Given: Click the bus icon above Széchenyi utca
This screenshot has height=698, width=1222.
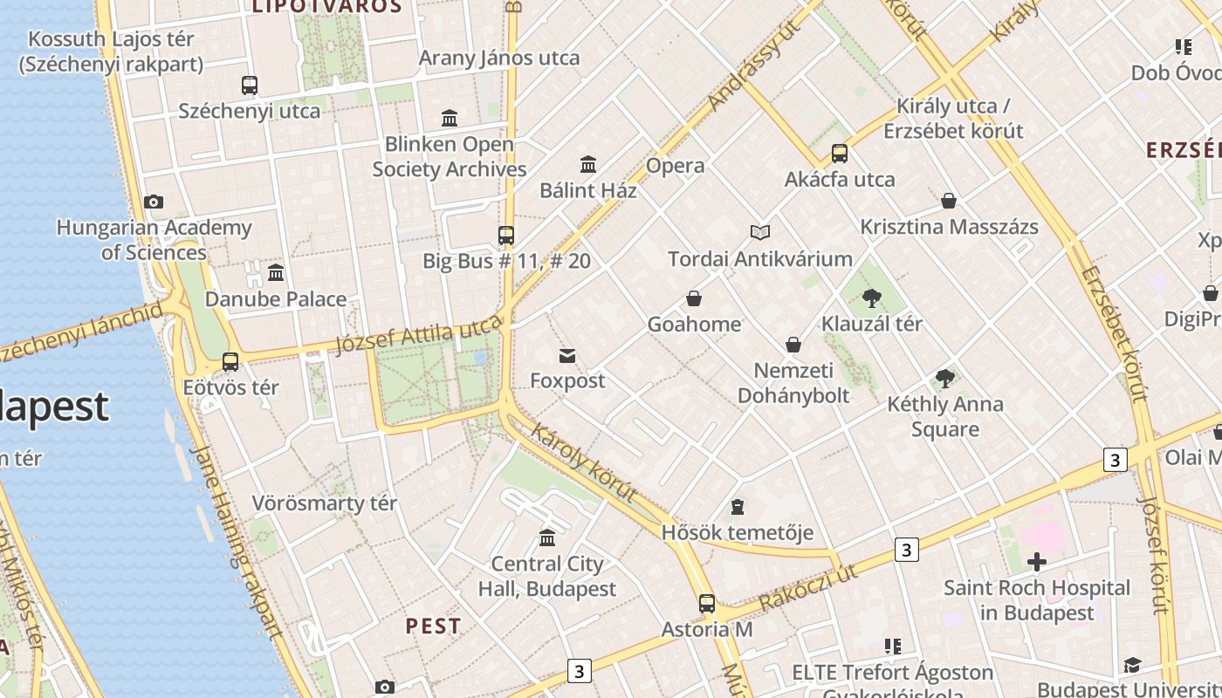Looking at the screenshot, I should [x=250, y=86].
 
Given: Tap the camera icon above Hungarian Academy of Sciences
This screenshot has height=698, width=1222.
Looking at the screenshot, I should [x=154, y=202].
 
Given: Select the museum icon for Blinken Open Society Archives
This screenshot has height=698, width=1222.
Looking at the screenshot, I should [x=450, y=118].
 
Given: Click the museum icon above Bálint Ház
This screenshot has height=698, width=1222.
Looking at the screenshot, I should [x=588, y=164].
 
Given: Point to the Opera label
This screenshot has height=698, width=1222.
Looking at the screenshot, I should [x=675, y=166].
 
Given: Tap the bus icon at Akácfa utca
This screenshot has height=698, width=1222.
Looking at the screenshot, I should [x=840, y=154].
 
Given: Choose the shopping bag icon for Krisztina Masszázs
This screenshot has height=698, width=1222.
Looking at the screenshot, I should [x=949, y=202].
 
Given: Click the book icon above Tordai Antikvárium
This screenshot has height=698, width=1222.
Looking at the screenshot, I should [x=760, y=232].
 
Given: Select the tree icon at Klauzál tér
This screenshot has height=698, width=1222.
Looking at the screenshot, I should [x=871, y=298].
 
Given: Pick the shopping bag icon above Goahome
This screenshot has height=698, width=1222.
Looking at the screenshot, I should [x=694, y=299].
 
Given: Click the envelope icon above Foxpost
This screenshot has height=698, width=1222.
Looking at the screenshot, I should [x=567, y=355].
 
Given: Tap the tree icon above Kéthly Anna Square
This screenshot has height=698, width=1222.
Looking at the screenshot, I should [x=944, y=379].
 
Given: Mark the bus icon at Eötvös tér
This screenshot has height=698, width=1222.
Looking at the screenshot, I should [x=230, y=361].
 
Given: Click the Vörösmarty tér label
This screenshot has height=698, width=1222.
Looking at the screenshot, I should [x=325, y=503].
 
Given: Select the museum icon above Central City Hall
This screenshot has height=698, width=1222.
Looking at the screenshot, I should [x=547, y=537].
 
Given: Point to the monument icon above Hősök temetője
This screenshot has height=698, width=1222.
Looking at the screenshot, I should [x=738, y=507].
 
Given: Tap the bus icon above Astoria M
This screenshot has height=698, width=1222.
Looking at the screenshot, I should [x=707, y=603].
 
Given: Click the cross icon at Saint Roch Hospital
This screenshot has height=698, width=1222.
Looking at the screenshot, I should [x=1036, y=562].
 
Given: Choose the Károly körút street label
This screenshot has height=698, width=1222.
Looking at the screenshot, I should [x=583, y=463].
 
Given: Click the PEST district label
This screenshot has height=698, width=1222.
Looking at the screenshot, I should [x=434, y=626].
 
